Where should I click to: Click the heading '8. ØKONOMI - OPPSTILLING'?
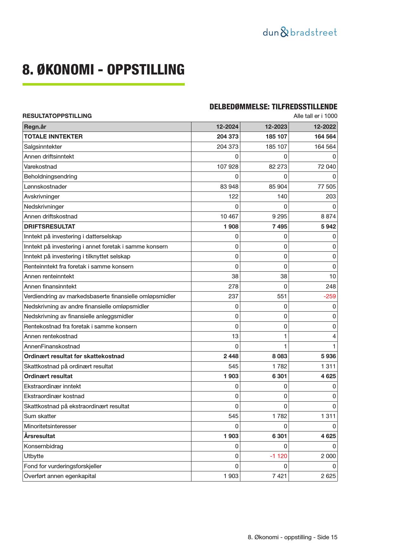(x=103, y=70)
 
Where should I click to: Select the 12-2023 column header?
(x=276, y=127)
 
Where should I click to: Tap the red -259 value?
(x=330, y=296)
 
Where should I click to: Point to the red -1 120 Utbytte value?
(x=278, y=456)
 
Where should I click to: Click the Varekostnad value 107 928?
(x=227, y=167)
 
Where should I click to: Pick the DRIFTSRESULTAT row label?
(x=50, y=227)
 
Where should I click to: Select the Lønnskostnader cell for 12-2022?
(x=327, y=187)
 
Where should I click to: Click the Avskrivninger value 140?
(x=282, y=197)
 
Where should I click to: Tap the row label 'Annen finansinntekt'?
(x=50, y=287)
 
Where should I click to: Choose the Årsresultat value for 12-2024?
(x=231, y=436)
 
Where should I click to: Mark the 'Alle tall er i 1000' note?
(x=315, y=116)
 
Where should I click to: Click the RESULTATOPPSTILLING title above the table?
(x=57, y=116)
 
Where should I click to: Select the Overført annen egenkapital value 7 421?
(x=279, y=476)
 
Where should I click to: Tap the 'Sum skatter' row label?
(x=40, y=416)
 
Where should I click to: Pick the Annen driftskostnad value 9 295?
(x=279, y=217)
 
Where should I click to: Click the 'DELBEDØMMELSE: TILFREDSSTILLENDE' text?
(x=273, y=107)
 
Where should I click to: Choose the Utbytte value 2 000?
(x=328, y=456)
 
